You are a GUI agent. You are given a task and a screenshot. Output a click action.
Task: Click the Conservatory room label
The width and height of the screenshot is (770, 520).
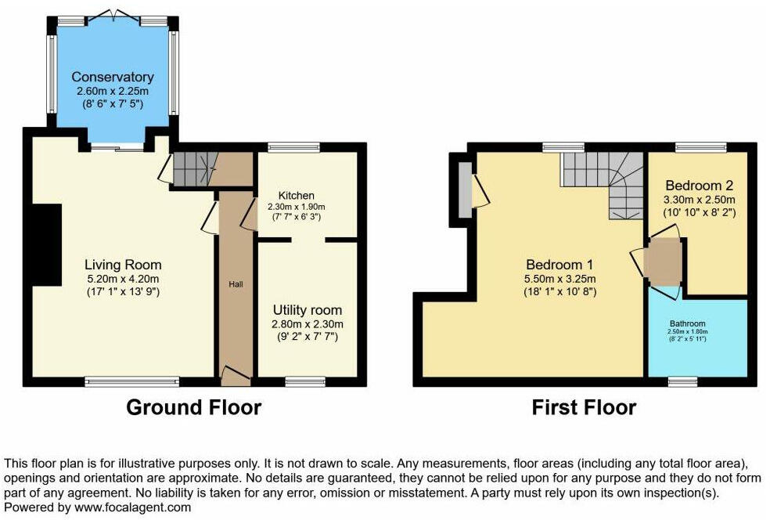(112, 77)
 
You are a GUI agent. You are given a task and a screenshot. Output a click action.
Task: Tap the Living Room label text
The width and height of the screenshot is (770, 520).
(124, 264)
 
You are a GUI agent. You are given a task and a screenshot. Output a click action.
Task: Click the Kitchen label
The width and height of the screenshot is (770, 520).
(297, 195)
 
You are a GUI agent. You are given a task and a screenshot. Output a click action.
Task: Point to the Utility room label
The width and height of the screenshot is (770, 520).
(308, 310)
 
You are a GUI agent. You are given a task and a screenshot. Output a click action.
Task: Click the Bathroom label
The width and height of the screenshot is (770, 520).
(687, 323)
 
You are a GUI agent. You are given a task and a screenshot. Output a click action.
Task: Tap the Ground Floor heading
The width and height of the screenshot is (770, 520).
(193, 407)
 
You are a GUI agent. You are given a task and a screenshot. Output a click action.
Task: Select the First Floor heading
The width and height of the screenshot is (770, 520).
(584, 407)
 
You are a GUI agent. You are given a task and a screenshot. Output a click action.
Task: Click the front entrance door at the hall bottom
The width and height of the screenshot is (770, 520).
(236, 376)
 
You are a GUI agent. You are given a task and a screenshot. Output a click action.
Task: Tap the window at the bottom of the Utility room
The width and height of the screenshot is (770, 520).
(299, 381)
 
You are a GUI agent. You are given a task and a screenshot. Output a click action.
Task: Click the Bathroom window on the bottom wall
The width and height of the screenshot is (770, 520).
(682, 381)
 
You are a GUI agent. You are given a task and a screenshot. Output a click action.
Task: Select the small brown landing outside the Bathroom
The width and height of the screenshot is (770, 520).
(662, 262)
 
